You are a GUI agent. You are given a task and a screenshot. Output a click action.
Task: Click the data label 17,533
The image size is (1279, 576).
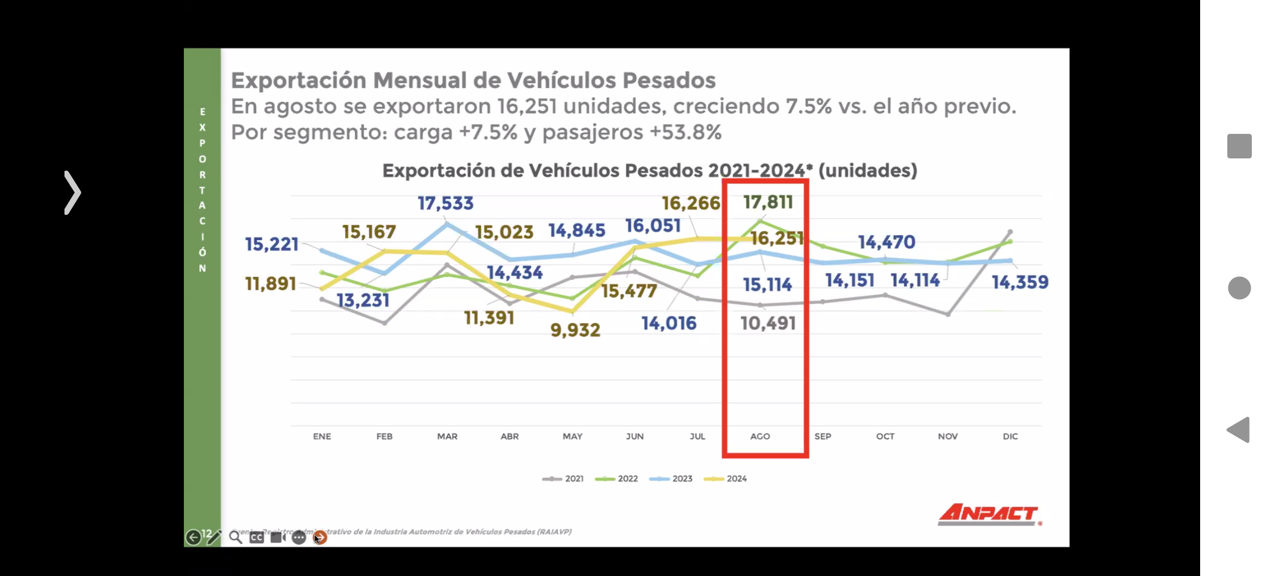[445, 203]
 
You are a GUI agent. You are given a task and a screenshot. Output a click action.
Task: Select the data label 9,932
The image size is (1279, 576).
[575, 330]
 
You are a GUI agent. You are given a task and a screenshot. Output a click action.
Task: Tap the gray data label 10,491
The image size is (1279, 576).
[768, 323]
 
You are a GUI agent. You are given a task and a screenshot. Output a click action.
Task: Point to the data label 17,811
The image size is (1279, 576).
[768, 202]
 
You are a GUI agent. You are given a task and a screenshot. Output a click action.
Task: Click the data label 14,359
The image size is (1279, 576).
[1019, 282]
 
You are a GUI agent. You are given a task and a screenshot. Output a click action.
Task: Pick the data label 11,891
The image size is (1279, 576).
[270, 284]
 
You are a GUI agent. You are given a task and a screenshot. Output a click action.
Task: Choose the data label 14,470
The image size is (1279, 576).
[886, 242]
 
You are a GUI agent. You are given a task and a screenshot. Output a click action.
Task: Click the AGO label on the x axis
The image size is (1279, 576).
[760, 436]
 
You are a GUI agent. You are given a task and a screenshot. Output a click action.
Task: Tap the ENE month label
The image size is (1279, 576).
[322, 436]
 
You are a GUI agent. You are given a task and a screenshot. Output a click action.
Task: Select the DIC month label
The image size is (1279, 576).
[1010, 436]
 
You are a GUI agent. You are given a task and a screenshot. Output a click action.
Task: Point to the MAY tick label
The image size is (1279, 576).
[572, 436]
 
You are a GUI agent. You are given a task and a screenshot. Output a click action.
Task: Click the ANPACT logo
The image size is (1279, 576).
[989, 515]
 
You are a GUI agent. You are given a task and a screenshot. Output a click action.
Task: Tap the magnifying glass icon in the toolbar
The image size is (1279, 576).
[235, 537]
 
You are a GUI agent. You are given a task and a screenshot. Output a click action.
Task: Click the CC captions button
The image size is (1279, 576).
[256, 537]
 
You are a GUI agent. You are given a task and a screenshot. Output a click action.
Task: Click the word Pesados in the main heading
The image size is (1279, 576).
[669, 81]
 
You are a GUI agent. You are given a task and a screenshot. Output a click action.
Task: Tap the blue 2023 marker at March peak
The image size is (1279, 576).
[448, 225]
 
